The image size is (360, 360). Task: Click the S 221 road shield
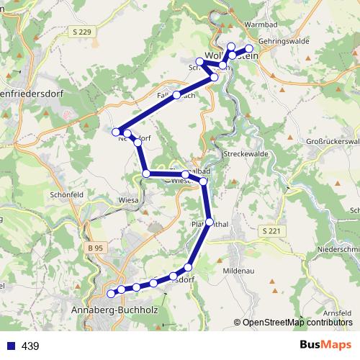[x=270, y=230]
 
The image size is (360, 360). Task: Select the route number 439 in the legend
[x=30, y=346]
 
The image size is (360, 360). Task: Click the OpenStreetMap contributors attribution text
[x=294, y=322]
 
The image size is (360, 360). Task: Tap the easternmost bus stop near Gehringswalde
[x=249, y=49]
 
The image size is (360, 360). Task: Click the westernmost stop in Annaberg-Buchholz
[x=111, y=293]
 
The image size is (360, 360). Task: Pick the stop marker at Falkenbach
[x=176, y=95]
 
